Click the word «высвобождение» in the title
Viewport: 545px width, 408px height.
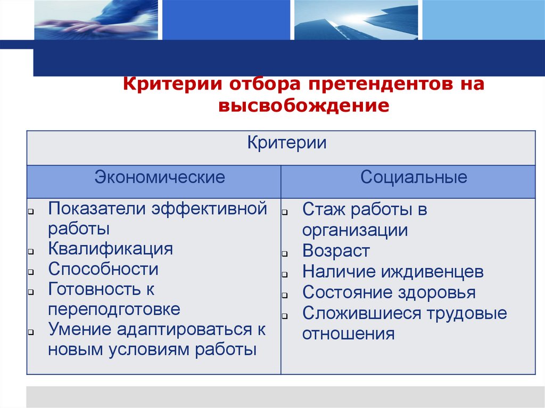coord(303,105)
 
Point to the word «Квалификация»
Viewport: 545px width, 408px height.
coord(111,249)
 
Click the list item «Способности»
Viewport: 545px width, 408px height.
coord(103,269)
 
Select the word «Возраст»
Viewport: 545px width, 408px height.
coord(336,251)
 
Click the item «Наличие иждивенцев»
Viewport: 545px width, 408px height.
coord(393,272)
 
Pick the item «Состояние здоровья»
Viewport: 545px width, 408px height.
coord(389,293)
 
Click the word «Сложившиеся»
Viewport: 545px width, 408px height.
coord(361,313)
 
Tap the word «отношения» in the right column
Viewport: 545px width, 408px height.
coord(349,334)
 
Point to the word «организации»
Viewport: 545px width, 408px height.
coord(355,230)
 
